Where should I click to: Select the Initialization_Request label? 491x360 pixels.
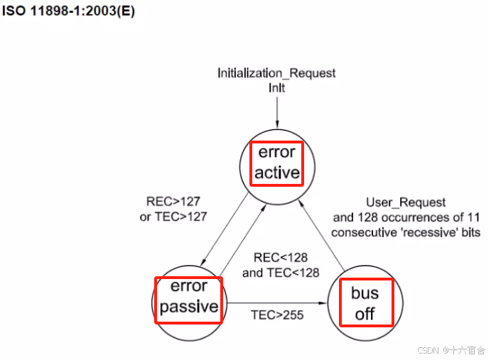click(276, 73)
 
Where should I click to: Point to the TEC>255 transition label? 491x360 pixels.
click(276, 315)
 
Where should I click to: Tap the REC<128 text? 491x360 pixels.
click(281, 258)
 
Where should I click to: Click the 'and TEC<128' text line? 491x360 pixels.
click(281, 272)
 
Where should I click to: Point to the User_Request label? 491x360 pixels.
click(406, 203)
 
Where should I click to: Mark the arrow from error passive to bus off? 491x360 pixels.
click(277, 303)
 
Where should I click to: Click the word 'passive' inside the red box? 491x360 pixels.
click(188, 307)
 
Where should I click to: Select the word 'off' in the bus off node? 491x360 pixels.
click(365, 313)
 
